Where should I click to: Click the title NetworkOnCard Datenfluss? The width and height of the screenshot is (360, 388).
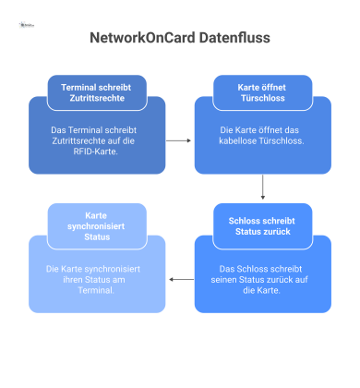[x=180, y=41]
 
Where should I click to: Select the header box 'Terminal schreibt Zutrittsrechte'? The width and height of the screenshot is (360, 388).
[x=97, y=91]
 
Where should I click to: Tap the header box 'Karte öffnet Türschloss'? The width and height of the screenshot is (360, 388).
[x=263, y=91]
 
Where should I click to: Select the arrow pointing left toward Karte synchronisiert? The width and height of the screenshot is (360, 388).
[x=180, y=276]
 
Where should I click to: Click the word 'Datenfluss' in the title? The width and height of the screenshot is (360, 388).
[x=232, y=41]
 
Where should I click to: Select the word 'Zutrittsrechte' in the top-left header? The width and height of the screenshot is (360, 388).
[x=97, y=97]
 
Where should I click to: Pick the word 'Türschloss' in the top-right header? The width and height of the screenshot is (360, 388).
[x=263, y=97]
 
